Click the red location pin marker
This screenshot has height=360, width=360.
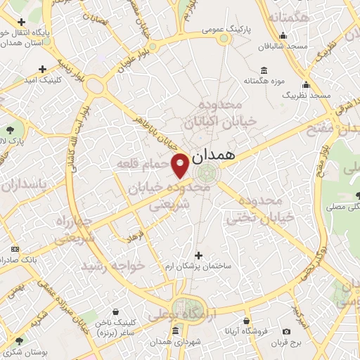pyautogui.click(x=180, y=165)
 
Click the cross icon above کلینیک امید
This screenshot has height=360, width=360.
pyautogui.click(x=43, y=69)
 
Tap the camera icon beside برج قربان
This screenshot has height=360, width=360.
pyautogui.click(x=286, y=331)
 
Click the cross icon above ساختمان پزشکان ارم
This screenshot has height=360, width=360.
pyautogui.click(x=198, y=255)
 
